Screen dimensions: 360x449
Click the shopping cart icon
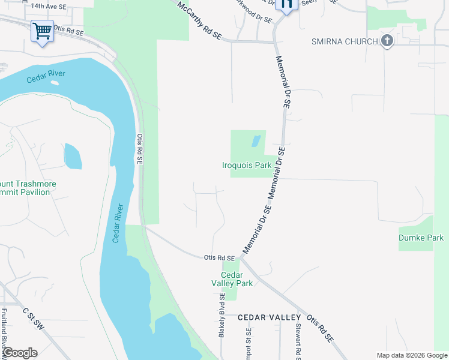(42, 31)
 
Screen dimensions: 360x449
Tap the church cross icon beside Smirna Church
(387, 41)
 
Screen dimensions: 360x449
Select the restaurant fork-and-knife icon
(288, 4)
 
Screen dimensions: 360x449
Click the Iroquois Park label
(247, 165)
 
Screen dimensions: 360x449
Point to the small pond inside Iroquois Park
(256, 141)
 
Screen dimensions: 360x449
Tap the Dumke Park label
(421, 238)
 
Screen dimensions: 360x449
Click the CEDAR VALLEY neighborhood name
(269, 317)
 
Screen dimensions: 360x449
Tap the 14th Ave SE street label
(49, 6)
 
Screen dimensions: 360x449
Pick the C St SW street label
(33, 319)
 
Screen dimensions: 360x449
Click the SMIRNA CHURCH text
(345, 41)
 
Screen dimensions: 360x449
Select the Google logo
(20, 353)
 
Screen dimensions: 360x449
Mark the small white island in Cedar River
(55, 82)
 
